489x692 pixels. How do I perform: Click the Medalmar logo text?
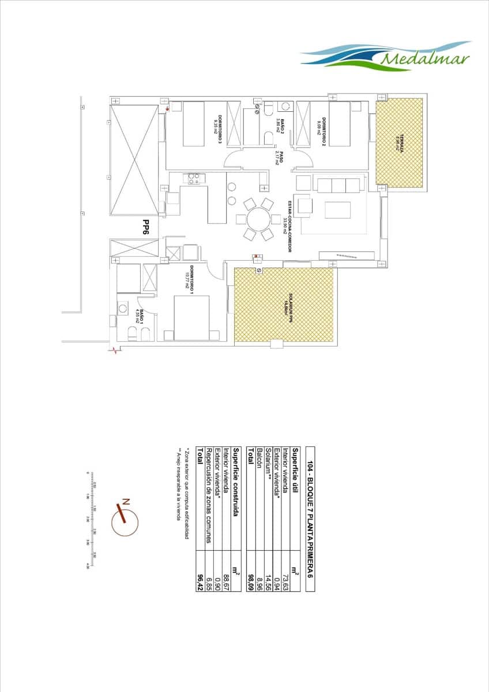click(425, 58)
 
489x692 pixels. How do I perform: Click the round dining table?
click(258, 219)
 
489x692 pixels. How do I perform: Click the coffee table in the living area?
click(337, 209)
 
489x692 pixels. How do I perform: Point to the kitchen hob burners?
click(194, 178)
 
